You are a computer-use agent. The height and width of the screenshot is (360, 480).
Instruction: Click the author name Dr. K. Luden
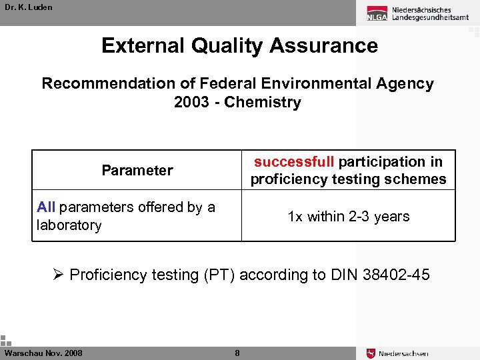pos(28,7)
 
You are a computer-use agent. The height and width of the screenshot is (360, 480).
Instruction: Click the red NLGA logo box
pos(376,13)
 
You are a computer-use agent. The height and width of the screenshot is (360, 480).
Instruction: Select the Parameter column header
pos(137,170)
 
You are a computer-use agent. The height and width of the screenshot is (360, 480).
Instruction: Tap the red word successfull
pos(294,161)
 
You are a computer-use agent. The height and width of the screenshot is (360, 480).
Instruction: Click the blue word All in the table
pos(46,207)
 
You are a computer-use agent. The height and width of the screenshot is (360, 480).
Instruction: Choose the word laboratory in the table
pos(69,225)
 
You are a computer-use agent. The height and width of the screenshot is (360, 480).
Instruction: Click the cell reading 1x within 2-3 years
pos(348,217)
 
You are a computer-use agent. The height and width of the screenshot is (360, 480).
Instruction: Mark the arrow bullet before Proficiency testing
pos(59,274)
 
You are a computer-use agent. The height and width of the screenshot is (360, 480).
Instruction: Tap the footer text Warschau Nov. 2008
pos(43,353)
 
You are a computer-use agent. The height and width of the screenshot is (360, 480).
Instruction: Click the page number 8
pos(237,353)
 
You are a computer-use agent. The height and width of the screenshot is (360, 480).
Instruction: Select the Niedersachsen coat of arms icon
pos(371,353)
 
